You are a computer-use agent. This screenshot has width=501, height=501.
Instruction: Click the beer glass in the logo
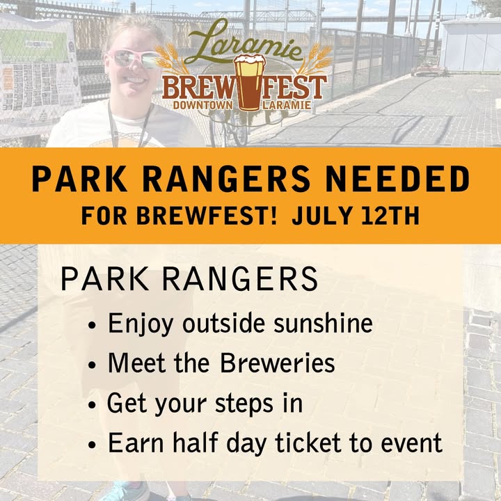click(x=250, y=83)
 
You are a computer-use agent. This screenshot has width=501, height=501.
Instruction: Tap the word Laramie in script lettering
click(x=244, y=42)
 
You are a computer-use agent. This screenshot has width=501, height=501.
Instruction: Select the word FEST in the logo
click(x=294, y=87)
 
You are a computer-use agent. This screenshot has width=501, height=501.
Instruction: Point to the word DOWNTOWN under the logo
click(x=203, y=106)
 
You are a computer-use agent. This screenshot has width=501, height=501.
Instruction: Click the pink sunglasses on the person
click(x=134, y=59)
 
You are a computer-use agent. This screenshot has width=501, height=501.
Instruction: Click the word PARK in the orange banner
click(x=80, y=180)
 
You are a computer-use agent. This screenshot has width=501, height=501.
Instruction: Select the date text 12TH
click(x=390, y=216)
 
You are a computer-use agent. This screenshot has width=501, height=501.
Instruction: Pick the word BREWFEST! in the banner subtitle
click(x=207, y=216)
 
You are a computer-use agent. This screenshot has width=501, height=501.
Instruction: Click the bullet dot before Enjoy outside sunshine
click(x=92, y=325)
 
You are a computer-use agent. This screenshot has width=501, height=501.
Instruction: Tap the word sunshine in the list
click(x=323, y=323)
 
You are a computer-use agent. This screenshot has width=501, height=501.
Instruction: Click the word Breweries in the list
click(x=278, y=363)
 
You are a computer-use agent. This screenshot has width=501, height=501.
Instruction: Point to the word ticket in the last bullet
click(x=308, y=443)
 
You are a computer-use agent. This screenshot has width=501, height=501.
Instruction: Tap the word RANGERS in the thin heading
click(x=240, y=279)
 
